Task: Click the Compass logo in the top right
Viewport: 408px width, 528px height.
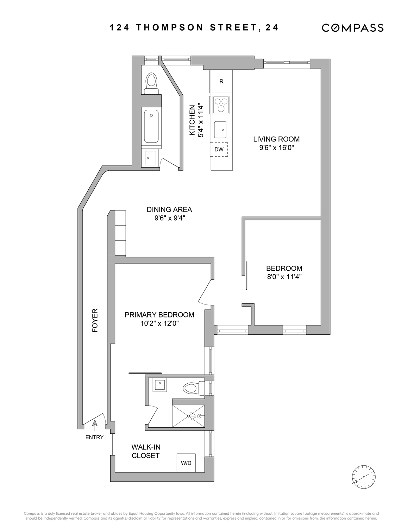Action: [352, 28]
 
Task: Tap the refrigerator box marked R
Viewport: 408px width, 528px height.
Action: [221, 82]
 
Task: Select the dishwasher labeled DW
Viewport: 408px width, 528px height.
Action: [219, 149]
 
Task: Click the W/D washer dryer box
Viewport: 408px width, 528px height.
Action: [186, 463]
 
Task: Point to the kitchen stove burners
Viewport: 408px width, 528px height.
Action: [220, 105]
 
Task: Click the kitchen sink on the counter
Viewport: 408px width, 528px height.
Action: [221, 130]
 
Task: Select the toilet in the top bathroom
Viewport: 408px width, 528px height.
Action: [151, 82]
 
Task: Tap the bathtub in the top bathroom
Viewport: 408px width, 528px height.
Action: [151, 126]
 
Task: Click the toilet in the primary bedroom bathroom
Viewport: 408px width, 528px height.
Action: [193, 388]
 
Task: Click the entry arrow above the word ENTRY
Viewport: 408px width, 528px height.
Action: [94, 425]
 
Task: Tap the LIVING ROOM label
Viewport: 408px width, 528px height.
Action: [276, 139]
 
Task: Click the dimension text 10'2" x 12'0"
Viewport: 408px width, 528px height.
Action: [159, 323]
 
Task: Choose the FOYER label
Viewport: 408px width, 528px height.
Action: [95, 321]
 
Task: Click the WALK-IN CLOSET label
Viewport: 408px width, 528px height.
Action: [146, 451]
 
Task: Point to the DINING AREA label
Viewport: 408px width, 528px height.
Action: [169, 209]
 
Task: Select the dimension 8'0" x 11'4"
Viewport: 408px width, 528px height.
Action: [284, 276]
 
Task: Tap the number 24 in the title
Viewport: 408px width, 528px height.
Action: [272, 27]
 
